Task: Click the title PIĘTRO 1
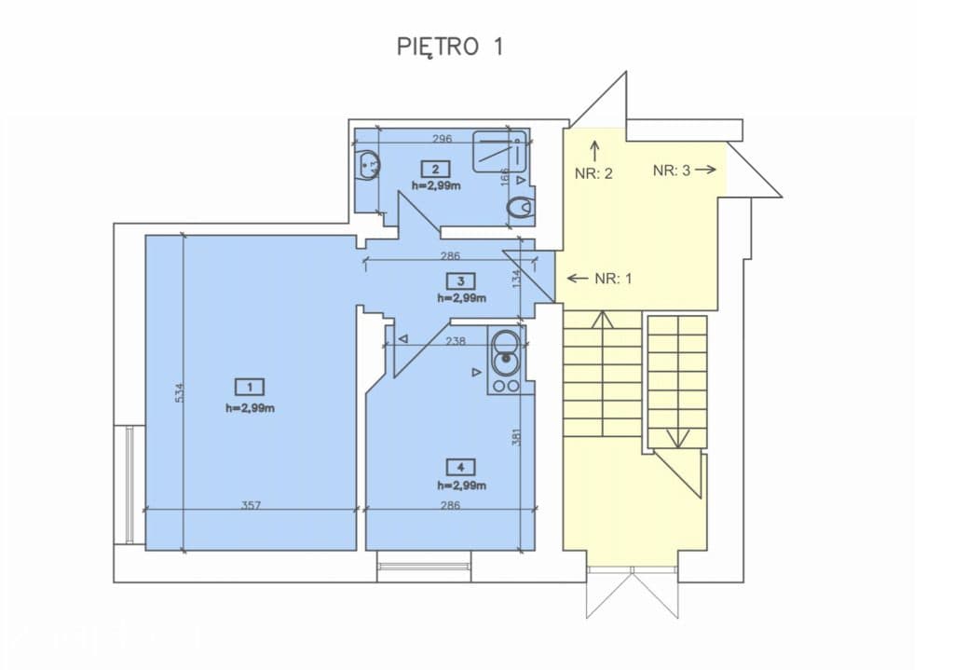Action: click(450, 47)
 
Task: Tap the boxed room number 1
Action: click(250, 387)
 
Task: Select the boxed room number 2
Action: click(436, 169)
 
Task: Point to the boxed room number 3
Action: click(460, 281)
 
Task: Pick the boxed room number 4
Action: click(460, 468)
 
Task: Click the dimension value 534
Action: click(178, 391)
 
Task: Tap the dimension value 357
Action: click(251, 505)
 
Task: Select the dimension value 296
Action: click(443, 139)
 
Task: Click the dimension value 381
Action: click(516, 437)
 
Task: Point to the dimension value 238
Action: click(456, 341)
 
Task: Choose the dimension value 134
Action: click(516, 280)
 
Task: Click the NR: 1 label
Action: click(600, 279)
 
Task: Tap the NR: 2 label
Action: click(593, 174)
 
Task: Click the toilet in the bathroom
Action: click(520, 208)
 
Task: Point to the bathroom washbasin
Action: click(369, 165)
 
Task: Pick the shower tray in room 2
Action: click(499, 151)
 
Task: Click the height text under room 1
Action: click(250, 408)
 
